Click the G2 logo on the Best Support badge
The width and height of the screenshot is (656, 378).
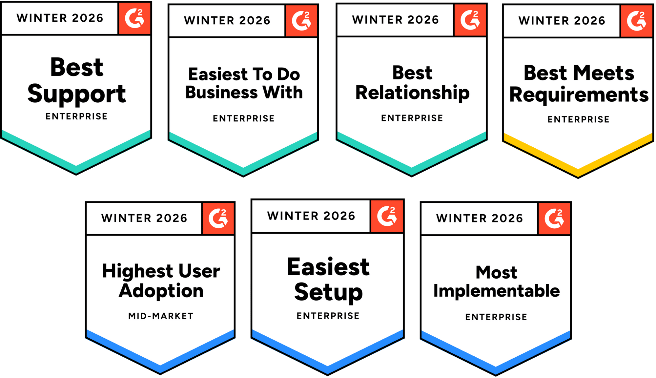(x=134, y=18)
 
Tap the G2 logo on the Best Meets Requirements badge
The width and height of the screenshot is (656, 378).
(x=636, y=21)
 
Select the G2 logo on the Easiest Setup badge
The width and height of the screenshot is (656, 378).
(x=387, y=216)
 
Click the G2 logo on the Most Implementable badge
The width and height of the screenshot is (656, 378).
(x=554, y=218)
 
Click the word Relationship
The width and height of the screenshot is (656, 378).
(x=412, y=93)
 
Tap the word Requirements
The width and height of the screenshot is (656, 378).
(x=579, y=95)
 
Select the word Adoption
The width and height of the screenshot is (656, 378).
(x=161, y=291)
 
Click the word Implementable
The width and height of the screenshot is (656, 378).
(x=496, y=291)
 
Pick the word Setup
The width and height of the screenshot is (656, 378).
(x=328, y=292)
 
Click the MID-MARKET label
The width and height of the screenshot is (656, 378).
(x=161, y=316)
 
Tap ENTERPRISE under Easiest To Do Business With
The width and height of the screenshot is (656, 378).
(x=244, y=118)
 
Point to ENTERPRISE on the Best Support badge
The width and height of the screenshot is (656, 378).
(x=76, y=116)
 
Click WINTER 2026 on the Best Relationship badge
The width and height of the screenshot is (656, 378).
(x=395, y=20)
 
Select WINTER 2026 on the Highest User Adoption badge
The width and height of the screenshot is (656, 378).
(x=144, y=218)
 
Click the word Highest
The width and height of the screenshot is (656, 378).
(x=137, y=271)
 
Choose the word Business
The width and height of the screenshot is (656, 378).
(x=221, y=92)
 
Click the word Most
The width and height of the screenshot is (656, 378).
(x=496, y=272)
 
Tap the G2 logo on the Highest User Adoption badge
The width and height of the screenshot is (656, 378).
(x=218, y=218)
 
